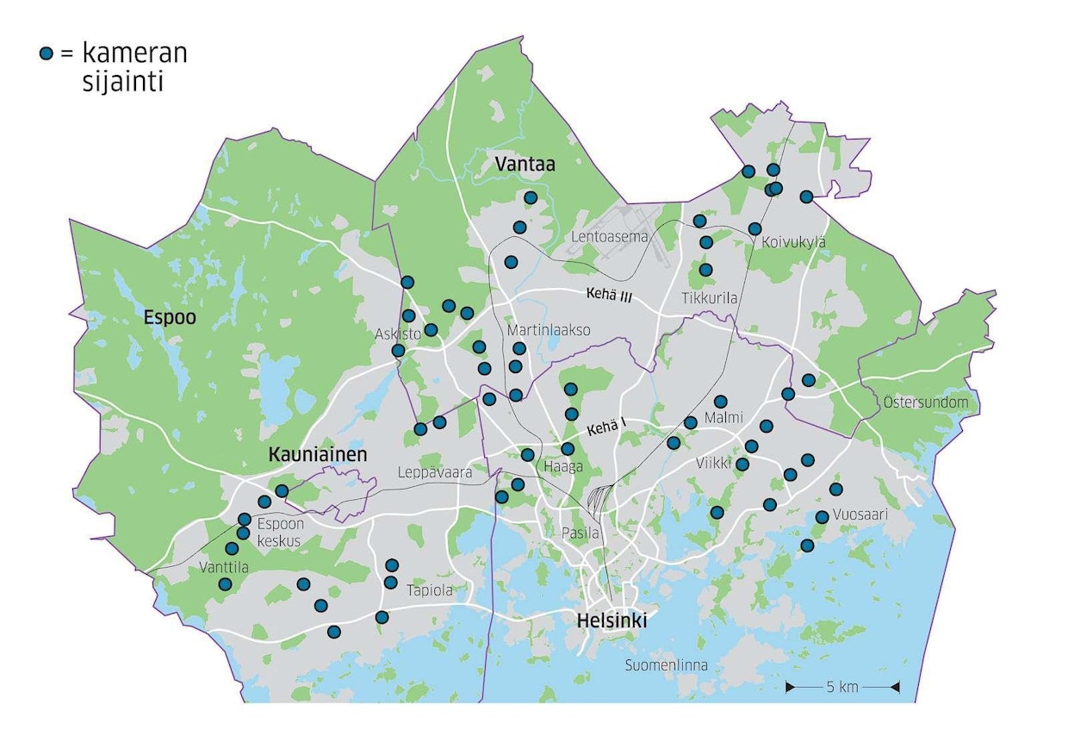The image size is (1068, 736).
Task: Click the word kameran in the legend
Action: tap(134, 53)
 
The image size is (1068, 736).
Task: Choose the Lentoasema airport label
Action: tap(609, 236)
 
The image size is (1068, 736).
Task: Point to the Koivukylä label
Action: tap(793, 243)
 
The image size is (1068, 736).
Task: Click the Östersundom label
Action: tap(925, 402)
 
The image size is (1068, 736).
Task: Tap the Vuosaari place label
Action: tap(860, 515)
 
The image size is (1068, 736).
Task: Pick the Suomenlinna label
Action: tap(667, 665)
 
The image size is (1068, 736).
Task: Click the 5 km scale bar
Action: tap(842, 687)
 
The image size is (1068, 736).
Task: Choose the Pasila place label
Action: tap(579, 533)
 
